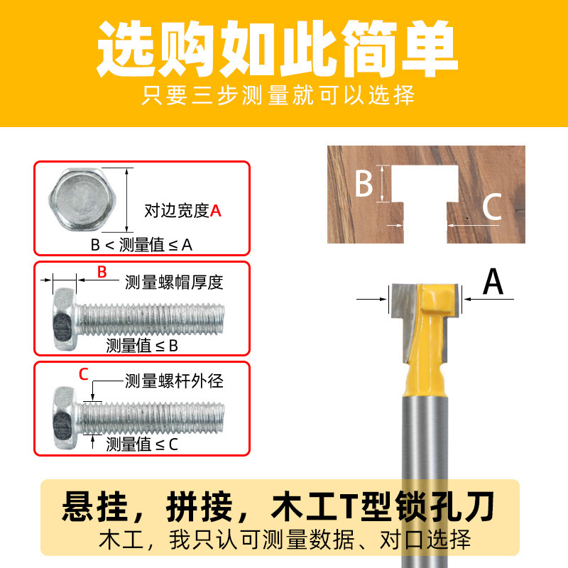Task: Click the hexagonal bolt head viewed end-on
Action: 82,200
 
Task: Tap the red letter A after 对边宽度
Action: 216,210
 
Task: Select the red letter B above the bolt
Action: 102,272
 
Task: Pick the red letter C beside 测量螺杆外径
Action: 84,374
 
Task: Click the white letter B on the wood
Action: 364,183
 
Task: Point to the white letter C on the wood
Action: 492,207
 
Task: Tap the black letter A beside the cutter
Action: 493,281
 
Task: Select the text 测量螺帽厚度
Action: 174,282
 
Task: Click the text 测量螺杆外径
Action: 174,381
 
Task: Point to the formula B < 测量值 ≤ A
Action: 141,245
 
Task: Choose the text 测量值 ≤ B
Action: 142,346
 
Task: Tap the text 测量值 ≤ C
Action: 142,444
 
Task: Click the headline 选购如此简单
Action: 278,48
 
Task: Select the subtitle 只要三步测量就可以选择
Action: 278,95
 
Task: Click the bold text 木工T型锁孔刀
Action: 383,506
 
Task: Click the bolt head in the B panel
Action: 65,319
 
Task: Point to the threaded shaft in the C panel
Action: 151,419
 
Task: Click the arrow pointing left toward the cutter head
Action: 488,299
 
